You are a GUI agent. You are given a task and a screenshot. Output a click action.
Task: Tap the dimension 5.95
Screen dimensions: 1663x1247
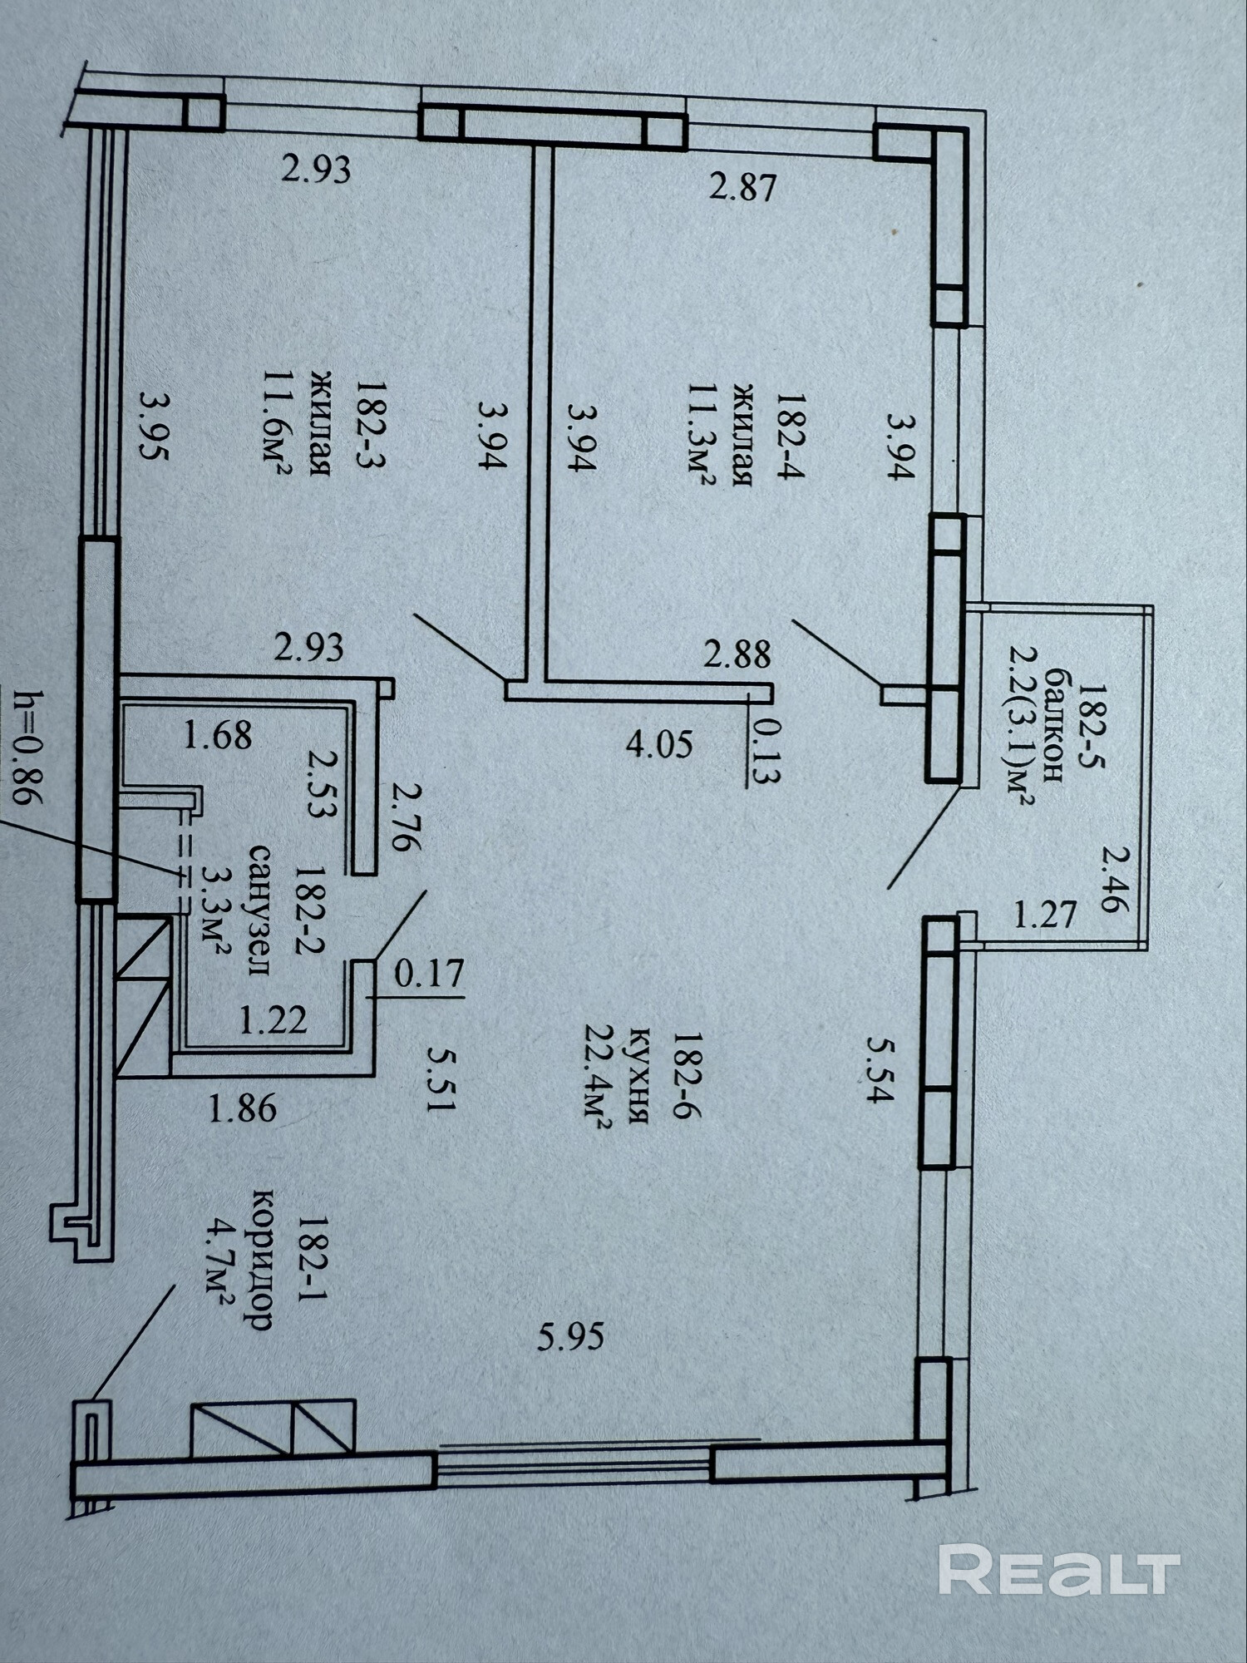point(570,1337)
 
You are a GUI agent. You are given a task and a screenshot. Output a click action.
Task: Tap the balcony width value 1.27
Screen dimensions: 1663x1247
point(1045,915)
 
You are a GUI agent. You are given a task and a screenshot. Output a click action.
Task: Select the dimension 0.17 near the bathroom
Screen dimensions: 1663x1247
point(428,974)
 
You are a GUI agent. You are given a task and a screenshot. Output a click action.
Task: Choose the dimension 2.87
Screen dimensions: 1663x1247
point(742,188)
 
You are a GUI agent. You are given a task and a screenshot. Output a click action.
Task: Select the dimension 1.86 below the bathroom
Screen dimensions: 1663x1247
point(242,1109)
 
